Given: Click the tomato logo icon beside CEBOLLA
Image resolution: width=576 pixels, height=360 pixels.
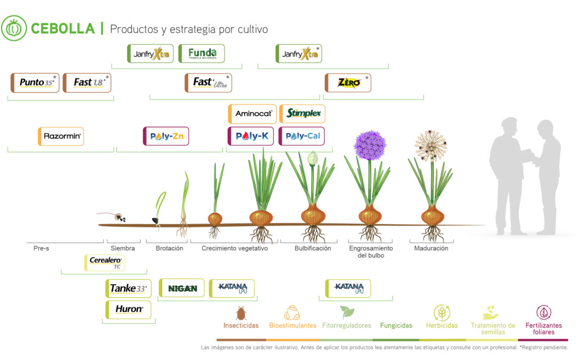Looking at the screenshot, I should coord(14,28).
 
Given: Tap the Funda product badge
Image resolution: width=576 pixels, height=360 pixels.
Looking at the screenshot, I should coord(202,54).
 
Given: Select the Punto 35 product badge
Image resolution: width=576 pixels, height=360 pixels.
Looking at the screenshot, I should coord(35,83).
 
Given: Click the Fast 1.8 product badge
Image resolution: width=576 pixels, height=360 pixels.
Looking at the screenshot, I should coord(87,83).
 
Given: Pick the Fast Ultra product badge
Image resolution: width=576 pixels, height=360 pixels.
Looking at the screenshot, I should coord(209,83).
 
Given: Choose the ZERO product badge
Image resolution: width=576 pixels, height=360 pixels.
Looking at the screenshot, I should coord(348,83).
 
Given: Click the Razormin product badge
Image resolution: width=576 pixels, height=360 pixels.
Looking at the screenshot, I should coord(61,137).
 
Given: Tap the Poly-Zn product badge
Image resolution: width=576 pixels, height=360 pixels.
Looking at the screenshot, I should coord(166,136).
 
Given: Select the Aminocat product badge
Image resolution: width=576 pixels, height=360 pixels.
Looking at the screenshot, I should coord(252,114).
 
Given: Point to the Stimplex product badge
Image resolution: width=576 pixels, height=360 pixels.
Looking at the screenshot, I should coord(302,114).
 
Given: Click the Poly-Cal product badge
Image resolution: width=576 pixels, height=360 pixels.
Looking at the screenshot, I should coord(302,136).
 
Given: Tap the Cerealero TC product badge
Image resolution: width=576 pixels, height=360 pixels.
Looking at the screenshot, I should coord(105,262).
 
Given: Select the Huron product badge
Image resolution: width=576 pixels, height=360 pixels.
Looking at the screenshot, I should coord(129,309).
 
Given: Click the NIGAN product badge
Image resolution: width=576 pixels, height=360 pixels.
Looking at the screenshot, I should coord(182,289).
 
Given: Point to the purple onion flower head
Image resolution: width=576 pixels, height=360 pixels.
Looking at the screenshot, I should coord(370,145).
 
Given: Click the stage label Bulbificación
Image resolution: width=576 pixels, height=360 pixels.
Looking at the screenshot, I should coord(313,249).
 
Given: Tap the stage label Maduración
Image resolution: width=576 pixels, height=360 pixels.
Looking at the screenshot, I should coord(431,249).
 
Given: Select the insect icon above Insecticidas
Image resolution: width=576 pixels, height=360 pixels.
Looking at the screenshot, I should coord(241,313).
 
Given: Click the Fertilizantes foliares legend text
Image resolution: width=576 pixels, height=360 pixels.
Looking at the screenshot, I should coord(543,329).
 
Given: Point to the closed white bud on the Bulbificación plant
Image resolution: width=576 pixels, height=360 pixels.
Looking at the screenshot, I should coord(313,158).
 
